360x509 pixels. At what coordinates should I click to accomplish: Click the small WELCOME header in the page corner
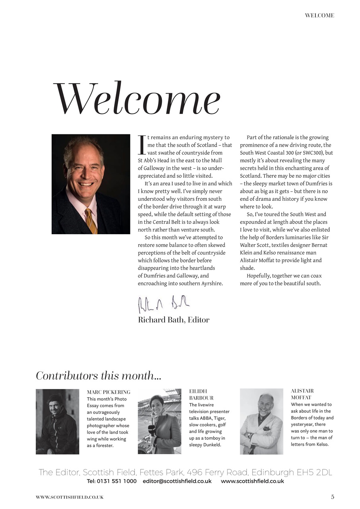tap(319, 16)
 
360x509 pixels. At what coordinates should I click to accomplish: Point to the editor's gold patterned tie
tap(91, 221)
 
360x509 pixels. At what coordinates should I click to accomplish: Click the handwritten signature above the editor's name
tap(163, 304)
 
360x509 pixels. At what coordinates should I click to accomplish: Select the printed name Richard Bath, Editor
tap(173, 320)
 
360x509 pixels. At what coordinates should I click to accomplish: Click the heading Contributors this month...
tap(98, 376)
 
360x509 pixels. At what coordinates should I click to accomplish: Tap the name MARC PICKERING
tap(109, 392)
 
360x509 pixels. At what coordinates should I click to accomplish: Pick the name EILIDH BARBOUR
tap(201, 395)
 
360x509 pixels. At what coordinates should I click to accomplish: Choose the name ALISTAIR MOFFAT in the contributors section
tap(302, 394)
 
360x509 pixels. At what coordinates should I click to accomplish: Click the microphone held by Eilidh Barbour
tap(152, 431)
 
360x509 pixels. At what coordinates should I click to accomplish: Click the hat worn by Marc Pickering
tap(56, 398)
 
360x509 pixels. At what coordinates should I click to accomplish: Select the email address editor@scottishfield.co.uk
tap(177, 481)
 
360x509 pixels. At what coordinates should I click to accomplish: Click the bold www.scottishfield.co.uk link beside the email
tap(252, 481)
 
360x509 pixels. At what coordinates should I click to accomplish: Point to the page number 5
tap(333, 497)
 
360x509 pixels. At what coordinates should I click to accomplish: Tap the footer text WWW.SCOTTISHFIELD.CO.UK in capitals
tap(70, 497)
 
